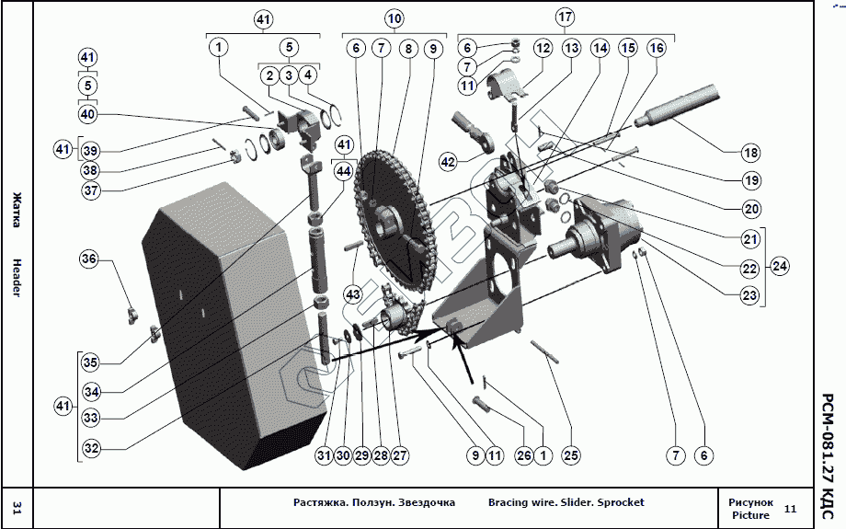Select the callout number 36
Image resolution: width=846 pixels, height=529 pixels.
[x=88, y=259]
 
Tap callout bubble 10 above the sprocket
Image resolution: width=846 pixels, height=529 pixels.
[x=394, y=18]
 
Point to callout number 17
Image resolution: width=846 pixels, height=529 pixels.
[x=566, y=17]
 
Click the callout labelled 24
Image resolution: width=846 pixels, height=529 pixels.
[x=780, y=267]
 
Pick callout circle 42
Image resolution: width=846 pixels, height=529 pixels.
[x=448, y=162]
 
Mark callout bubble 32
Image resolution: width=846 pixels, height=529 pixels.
[x=90, y=448]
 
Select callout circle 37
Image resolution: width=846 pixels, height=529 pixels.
[x=90, y=190]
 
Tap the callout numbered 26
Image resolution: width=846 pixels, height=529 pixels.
[x=523, y=454]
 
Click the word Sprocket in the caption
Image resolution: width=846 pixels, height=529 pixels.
[x=621, y=502]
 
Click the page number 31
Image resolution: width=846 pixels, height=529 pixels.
[x=17, y=508]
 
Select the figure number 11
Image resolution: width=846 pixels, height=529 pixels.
[x=790, y=509]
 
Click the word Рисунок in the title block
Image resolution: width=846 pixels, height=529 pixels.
[x=750, y=502]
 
